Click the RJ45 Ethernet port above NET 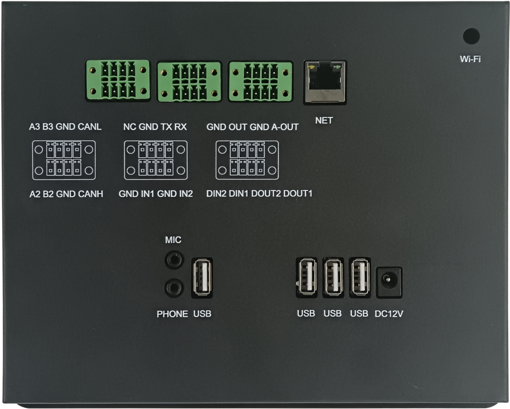tap(324, 82)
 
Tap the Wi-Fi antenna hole tap(471, 36)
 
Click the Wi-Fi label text tap(470, 59)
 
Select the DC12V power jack tap(389, 282)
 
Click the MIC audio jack tap(174, 260)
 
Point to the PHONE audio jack tap(174, 288)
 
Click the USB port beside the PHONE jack tap(202, 278)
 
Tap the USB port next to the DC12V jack tap(359, 278)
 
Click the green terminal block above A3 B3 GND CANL tap(118, 80)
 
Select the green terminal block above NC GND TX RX tap(189, 82)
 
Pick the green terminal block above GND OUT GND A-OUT tap(261, 82)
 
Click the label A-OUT tap(285, 127)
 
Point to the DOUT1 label tap(297, 194)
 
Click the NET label tap(324, 121)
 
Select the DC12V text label tap(389, 314)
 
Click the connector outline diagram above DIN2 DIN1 tap(247, 160)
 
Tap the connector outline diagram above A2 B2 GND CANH tap(64, 160)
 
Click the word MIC tap(173, 240)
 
